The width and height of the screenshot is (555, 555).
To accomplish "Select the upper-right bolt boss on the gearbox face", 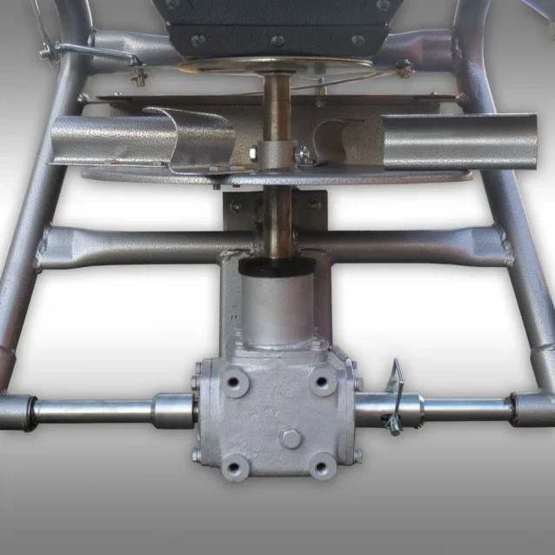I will [x=324, y=381].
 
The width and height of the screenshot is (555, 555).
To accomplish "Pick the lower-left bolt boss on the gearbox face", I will [x=235, y=468].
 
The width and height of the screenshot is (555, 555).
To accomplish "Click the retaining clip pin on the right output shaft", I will [x=396, y=397].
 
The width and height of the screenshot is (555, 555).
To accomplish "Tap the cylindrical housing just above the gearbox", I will [x=277, y=304].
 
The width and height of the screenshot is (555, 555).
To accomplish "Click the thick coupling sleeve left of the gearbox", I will [x=174, y=408].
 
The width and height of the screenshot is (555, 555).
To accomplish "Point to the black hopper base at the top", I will [x=278, y=22].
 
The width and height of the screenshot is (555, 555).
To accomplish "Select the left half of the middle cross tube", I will [x=130, y=244].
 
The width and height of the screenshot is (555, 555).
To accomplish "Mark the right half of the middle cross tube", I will [x=418, y=244].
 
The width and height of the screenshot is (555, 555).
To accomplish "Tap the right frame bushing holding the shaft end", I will [x=532, y=408].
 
